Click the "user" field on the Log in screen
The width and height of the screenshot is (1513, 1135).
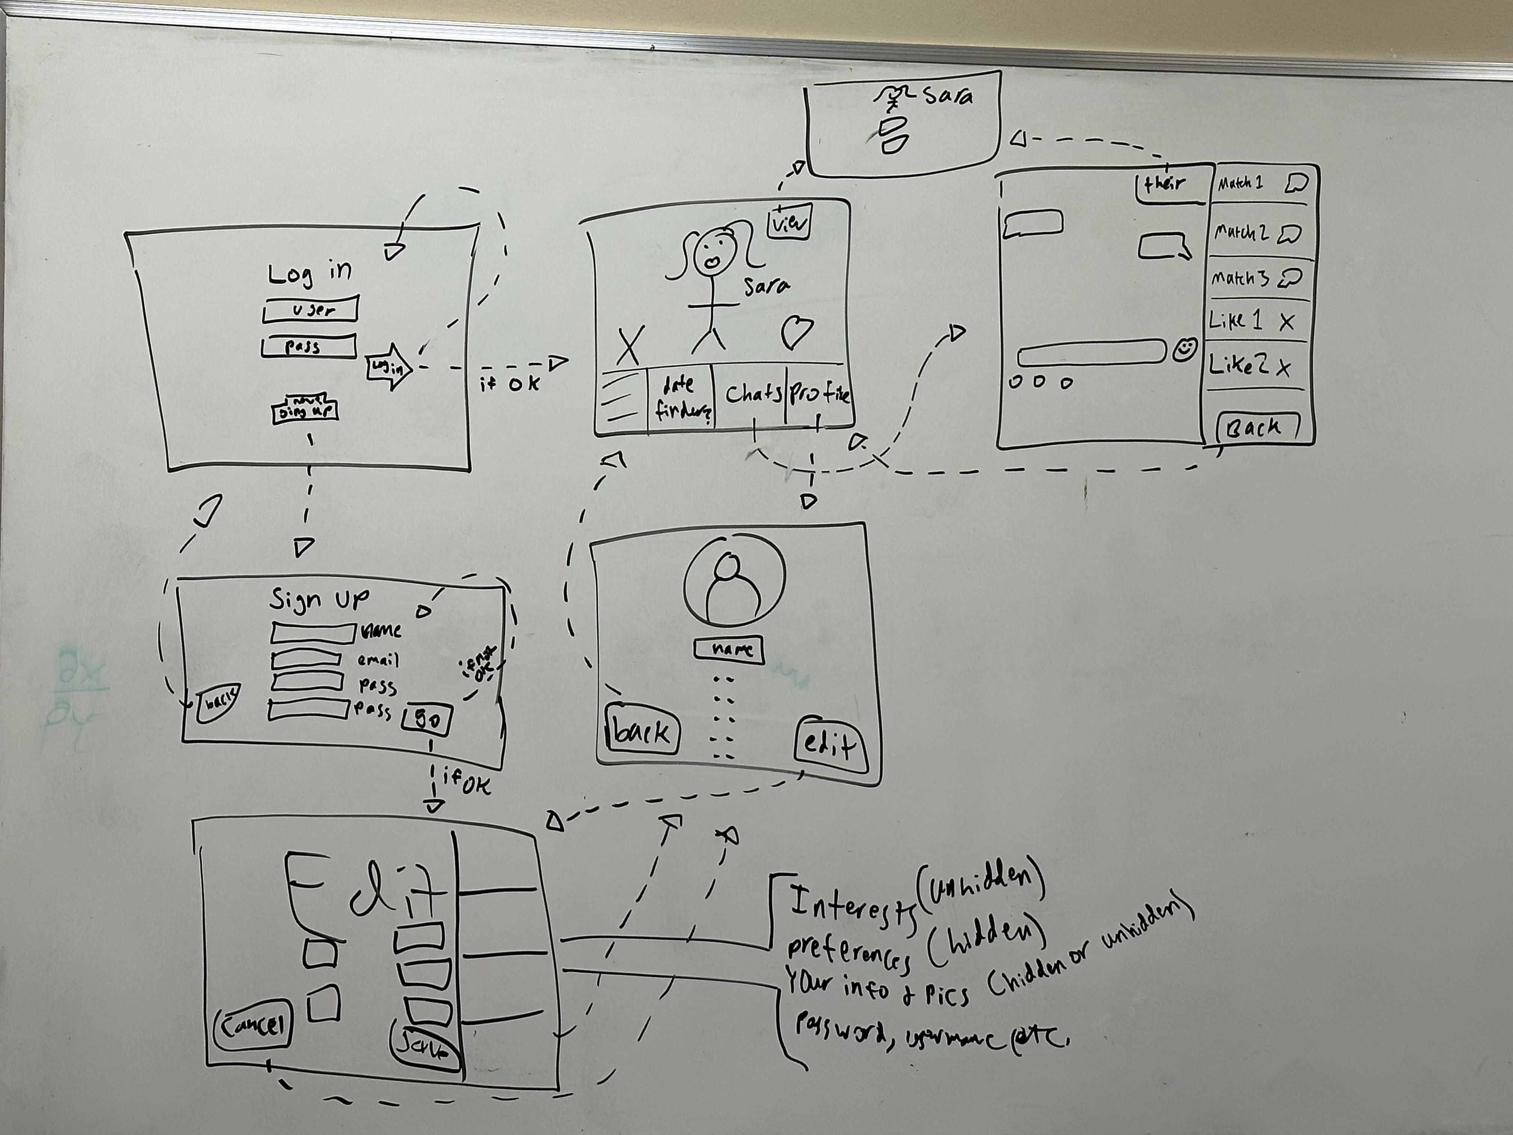311,309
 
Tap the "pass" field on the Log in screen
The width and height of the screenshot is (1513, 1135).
308,346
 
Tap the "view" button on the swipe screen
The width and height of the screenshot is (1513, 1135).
789,222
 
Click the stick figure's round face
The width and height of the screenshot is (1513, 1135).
713,253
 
